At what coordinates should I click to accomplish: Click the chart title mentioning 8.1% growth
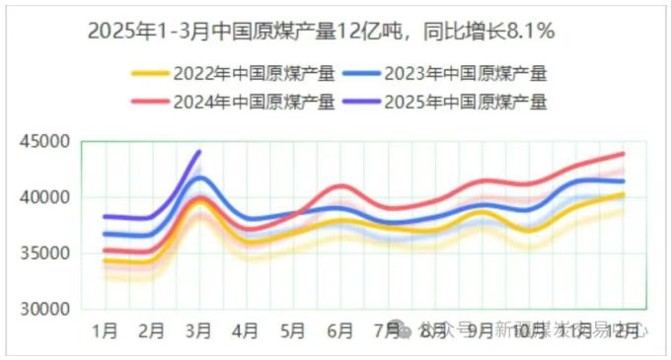[322, 32]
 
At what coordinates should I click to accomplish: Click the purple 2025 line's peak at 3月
[199, 152]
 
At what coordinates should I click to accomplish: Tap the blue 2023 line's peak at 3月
[199, 179]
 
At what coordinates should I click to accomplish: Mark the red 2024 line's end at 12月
[623, 154]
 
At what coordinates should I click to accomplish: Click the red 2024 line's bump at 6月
[340, 186]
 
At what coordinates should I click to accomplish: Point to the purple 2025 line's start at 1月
[106, 216]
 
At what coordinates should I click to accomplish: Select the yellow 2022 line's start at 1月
[106, 260]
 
